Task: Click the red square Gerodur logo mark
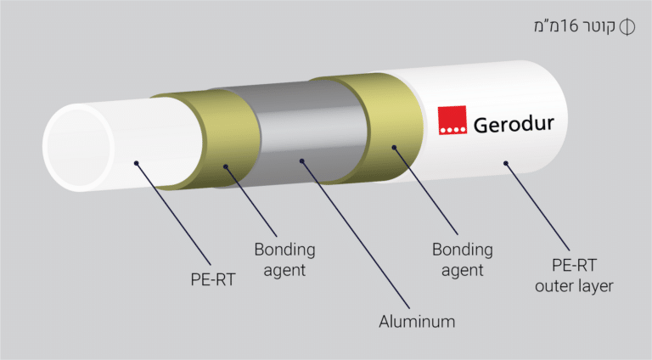(452, 121)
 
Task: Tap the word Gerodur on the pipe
(513, 124)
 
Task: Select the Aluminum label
(416, 322)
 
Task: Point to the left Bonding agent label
(284, 259)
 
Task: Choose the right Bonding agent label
(462, 259)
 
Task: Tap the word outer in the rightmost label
(552, 286)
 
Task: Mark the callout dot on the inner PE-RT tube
(135, 159)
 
